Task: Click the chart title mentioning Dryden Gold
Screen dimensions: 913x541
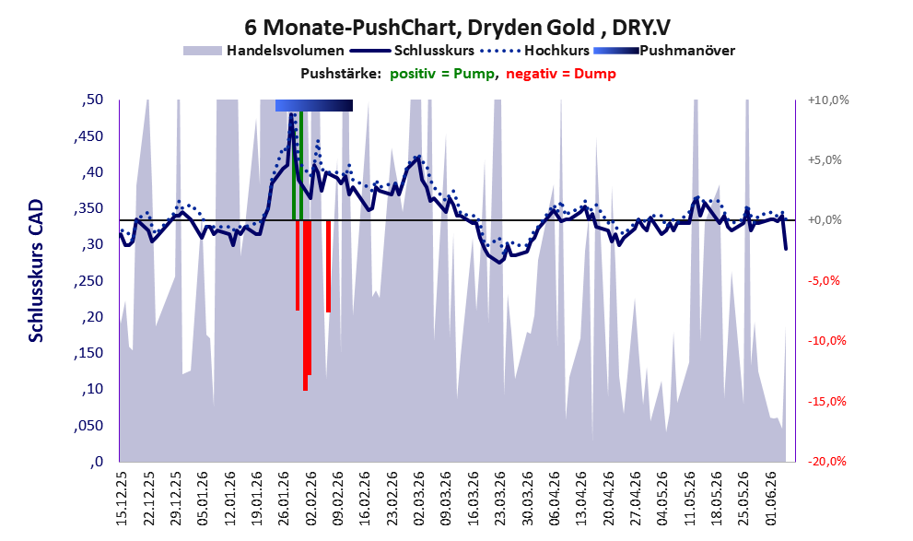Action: pyautogui.click(x=457, y=27)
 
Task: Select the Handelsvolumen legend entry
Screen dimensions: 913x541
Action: pyautogui.click(x=263, y=51)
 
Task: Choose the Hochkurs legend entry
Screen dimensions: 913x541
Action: pyautogui.click(x=534, y=51)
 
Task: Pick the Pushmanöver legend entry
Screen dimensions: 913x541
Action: pyautogui.click(x=664, y=51)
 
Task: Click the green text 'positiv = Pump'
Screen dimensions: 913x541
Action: pyautogui.click(x=442, y=74)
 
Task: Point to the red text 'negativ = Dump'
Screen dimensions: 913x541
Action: pyautogui.click(x=561, y=74)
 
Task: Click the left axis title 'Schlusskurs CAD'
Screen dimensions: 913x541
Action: pyautogui.click(x=36, y=271)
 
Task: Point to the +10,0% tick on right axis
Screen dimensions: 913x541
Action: pyautogui.click(x=828, y=100)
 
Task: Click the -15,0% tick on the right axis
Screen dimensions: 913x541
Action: pyautogui.click(x=826, y=401)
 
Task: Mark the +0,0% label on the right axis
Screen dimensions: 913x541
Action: pyautogui.click(x=825, y=220)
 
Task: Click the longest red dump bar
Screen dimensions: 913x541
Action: pyautogui.click(x=305, y=305)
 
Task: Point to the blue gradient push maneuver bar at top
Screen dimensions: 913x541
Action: pyautogui.click(x=314, y=105)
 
